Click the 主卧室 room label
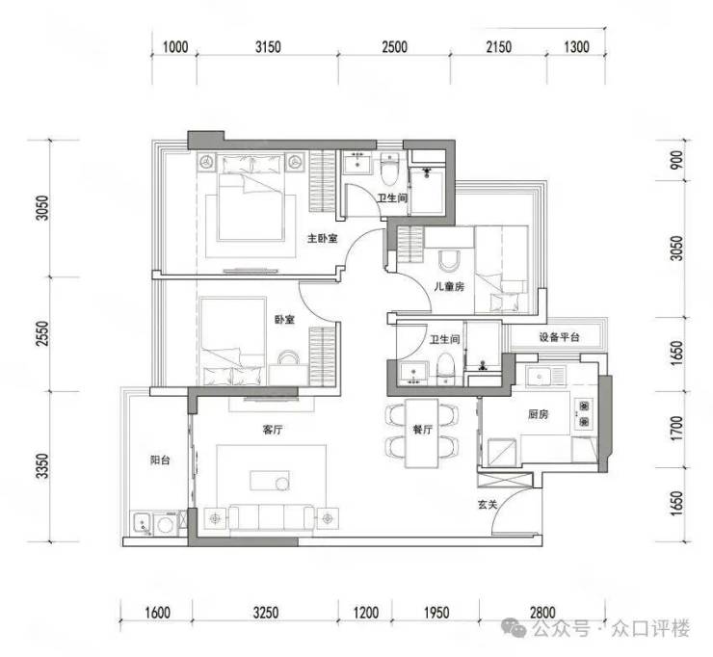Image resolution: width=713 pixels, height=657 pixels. (323, 238)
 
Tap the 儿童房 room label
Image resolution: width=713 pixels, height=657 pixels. (449, 286)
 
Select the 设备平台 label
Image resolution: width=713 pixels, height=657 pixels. (559, 337)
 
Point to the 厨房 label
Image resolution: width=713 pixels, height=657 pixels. (538, 414)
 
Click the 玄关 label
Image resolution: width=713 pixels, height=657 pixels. (488, 504)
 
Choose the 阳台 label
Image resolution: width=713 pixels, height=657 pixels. (160, 460)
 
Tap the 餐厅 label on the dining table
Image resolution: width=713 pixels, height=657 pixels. (422, 430)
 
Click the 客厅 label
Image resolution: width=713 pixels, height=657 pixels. (273, 430)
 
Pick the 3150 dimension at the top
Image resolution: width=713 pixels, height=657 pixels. (268, 47)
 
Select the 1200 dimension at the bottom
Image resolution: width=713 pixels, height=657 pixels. (366, 613)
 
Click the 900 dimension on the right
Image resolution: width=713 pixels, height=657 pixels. (677, 160)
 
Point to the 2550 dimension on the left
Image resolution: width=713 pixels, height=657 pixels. (42, 333)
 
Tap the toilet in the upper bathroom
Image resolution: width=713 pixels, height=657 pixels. (389, 170)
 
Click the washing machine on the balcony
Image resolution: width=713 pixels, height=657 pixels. (165, 524)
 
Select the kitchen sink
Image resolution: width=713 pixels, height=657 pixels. (540, 377)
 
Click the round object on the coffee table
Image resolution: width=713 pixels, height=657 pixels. (282, 484)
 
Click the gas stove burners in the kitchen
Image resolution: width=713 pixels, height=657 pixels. (583, 413)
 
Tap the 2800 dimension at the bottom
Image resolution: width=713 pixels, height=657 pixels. (542, 613)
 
